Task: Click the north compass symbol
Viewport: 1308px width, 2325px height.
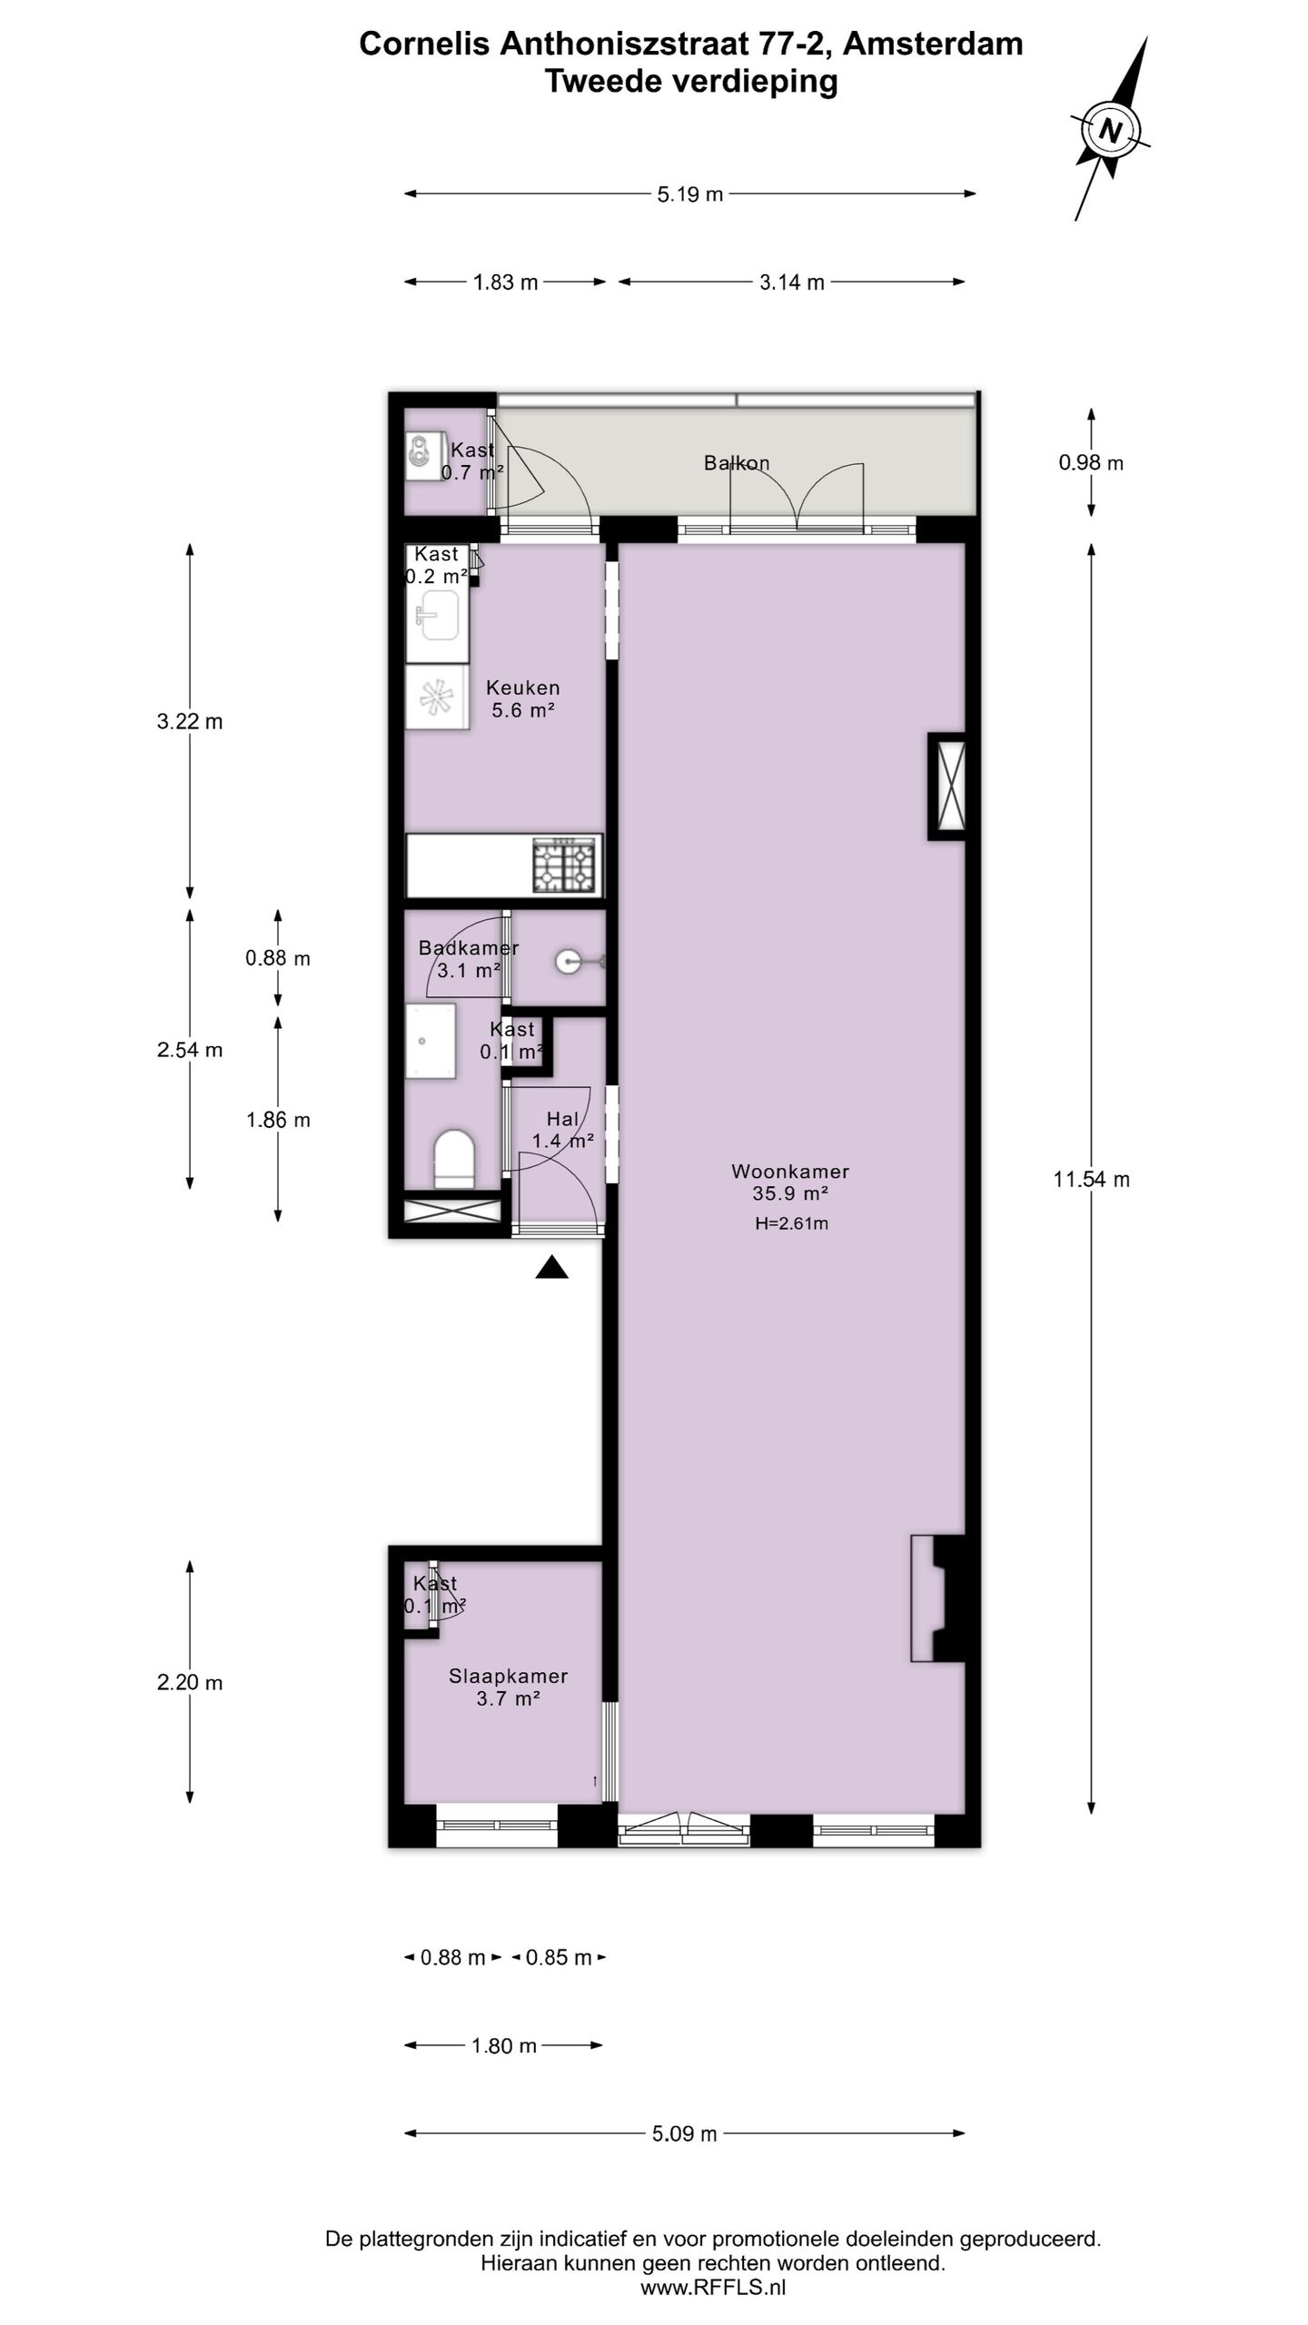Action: click(x=1109, y=131)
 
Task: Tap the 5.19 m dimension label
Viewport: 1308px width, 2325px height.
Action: click(x=689, y=194)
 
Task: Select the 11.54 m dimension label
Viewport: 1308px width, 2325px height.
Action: click(x=1091, y=1180)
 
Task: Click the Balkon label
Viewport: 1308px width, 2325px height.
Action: click(x=737, y=463)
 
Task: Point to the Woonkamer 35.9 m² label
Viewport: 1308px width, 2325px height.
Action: click(x=789, y=1182)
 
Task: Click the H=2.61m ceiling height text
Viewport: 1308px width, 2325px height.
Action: click(x=791, y=1223)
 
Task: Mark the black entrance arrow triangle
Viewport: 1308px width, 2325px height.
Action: click(x=551, y=1268)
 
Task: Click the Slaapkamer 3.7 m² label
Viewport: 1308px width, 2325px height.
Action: click(x=508, y=1687)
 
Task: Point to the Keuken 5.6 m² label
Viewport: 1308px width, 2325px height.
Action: click(x=522, y=699)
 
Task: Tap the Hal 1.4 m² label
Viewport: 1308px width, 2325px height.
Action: click(x=562, y=1130)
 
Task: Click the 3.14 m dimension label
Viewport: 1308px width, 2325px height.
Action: click(x=791, y=282)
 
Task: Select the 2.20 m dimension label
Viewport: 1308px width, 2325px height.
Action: click(x=189, y=1683)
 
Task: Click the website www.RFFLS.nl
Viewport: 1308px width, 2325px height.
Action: click(x=713, y=2288)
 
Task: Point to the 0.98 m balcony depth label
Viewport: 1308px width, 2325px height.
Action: click(x=1090, y=463)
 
